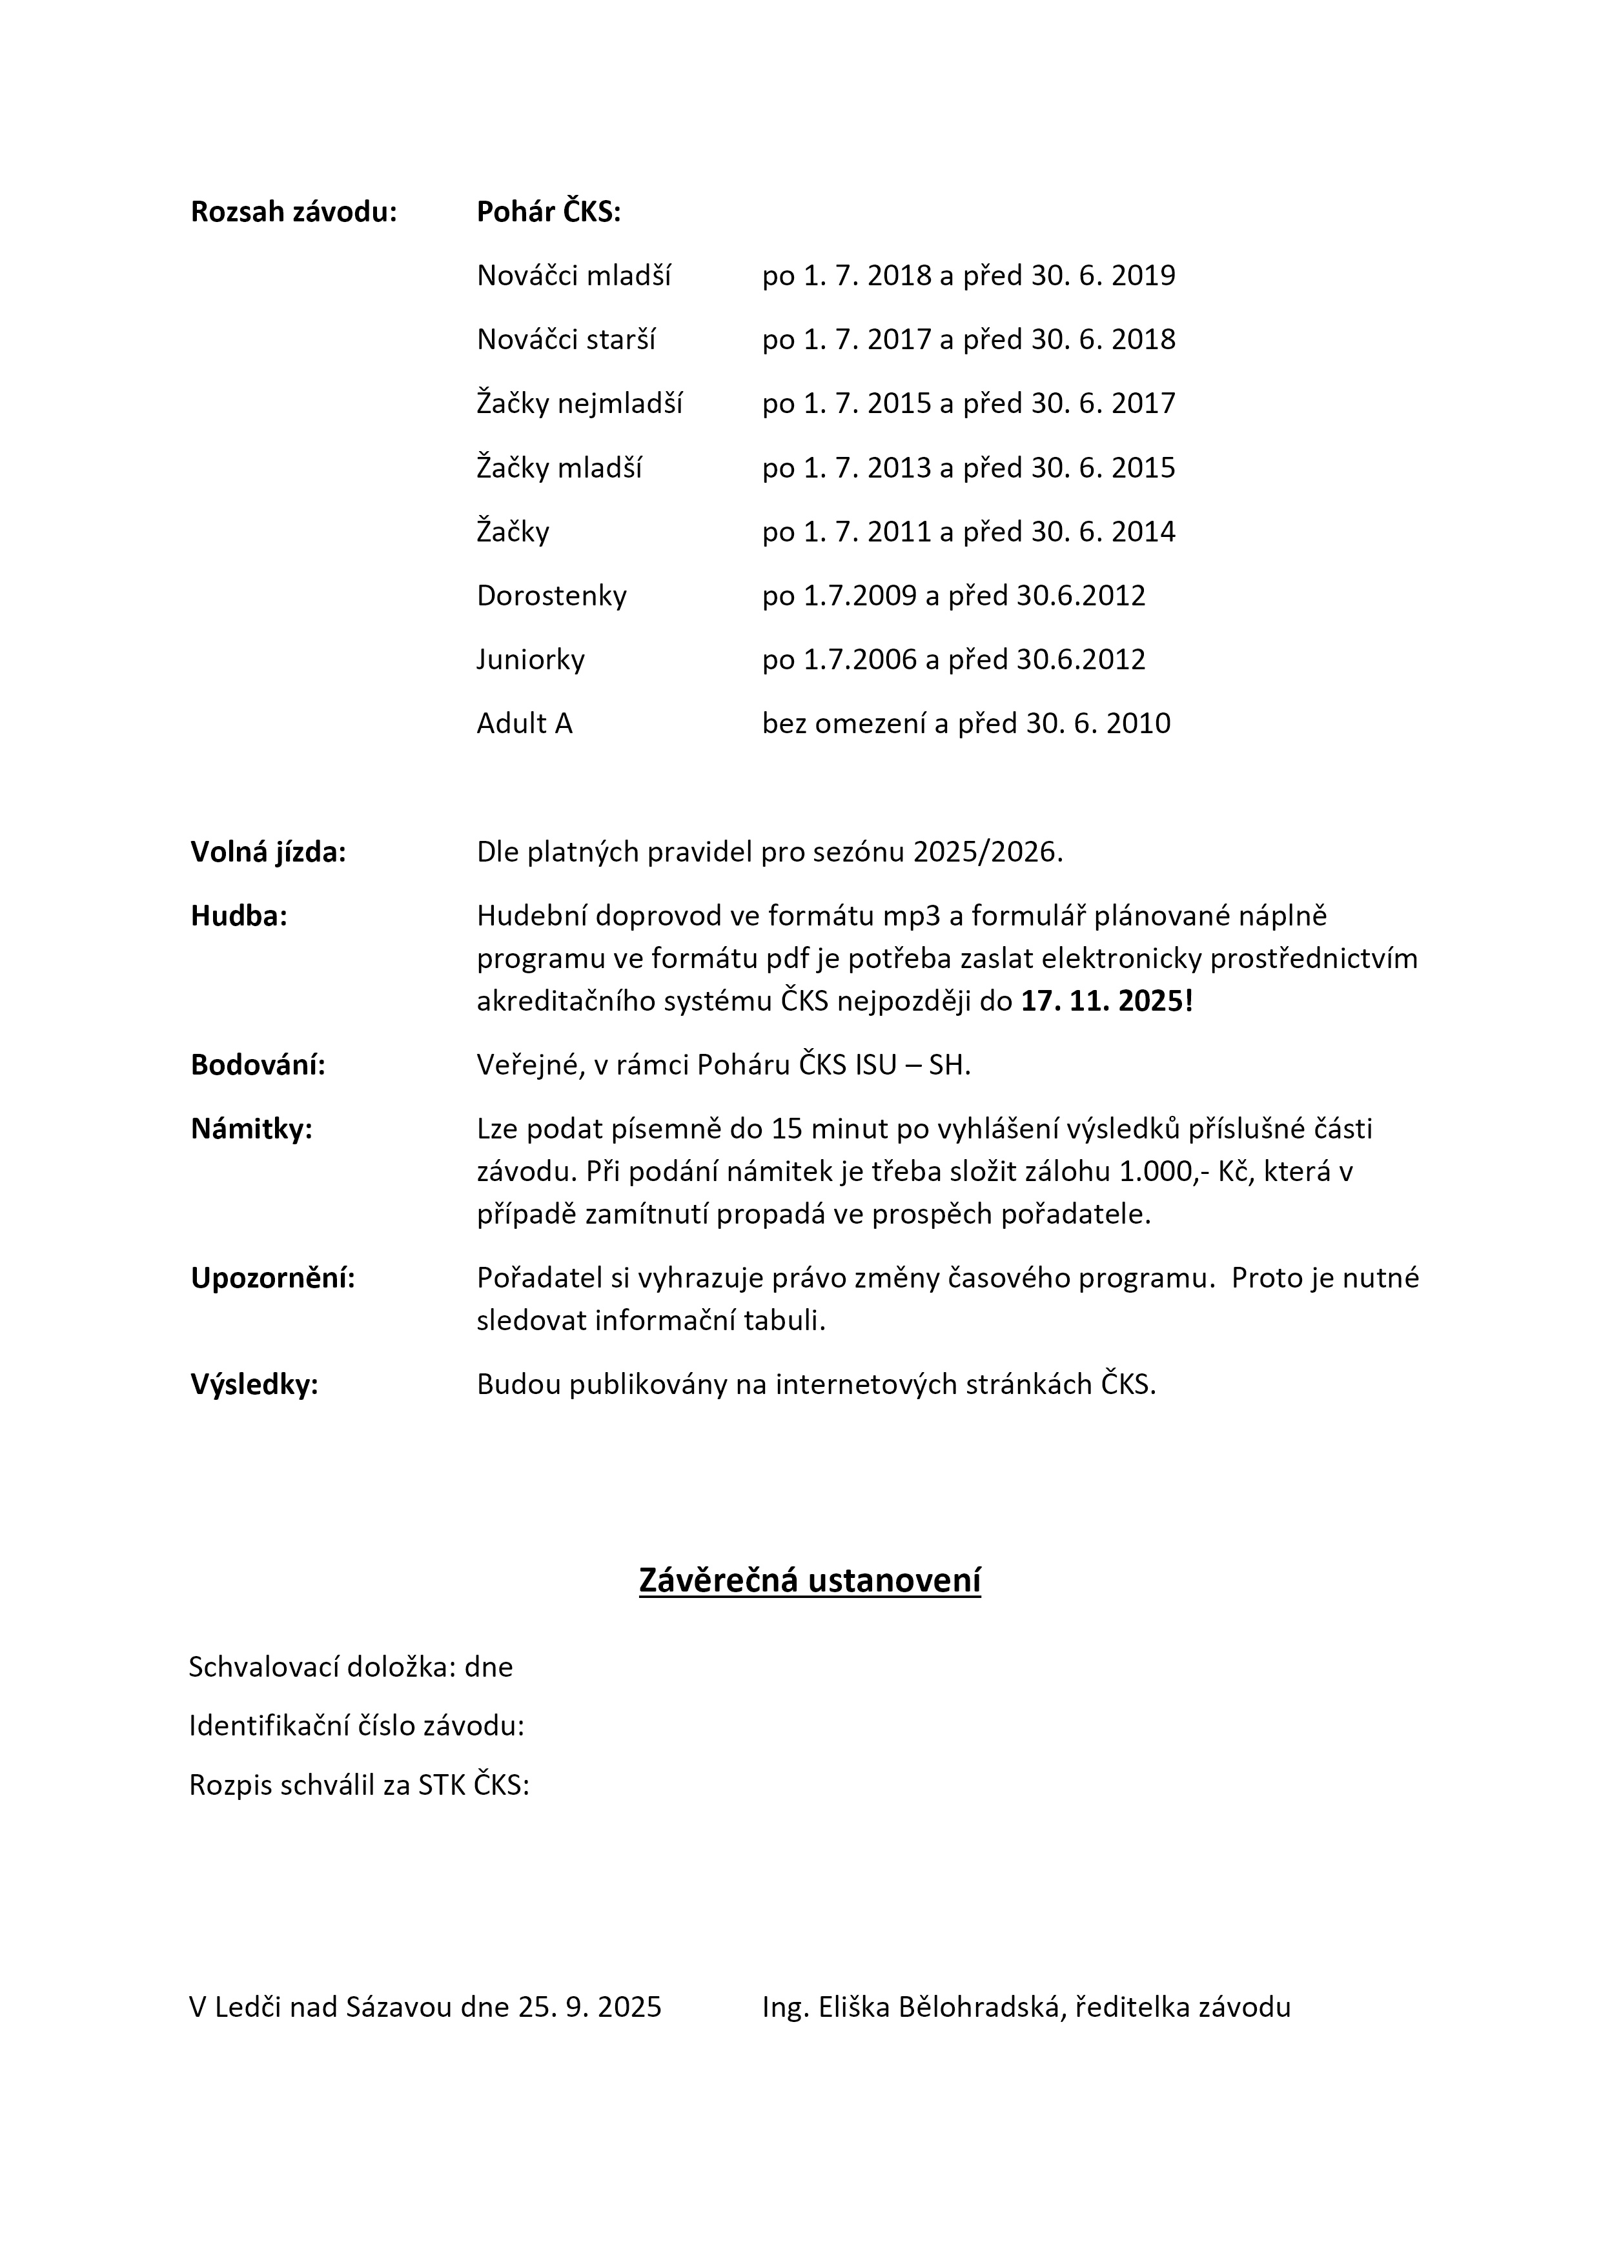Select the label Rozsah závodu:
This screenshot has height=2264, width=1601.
pos(293,212)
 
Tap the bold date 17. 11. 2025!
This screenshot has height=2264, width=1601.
pos(1106,1001)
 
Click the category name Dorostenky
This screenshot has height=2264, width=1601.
pos(551,596)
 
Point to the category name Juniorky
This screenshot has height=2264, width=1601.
pos(531,659)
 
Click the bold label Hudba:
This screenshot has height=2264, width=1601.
pos(239,916)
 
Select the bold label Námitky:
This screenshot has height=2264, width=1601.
pos(252,1129)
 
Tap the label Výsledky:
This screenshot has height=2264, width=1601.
pos(254,1384)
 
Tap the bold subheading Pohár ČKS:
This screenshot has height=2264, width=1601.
pos(549,212)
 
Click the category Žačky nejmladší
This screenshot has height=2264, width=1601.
pos(579,403)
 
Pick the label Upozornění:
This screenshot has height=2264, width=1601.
pos(272,1278)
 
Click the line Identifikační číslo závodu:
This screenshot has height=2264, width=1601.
pos(356,1726)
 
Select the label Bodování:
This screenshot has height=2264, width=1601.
pos(258,1065)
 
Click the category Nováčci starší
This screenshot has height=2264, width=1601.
pos(566,339)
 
